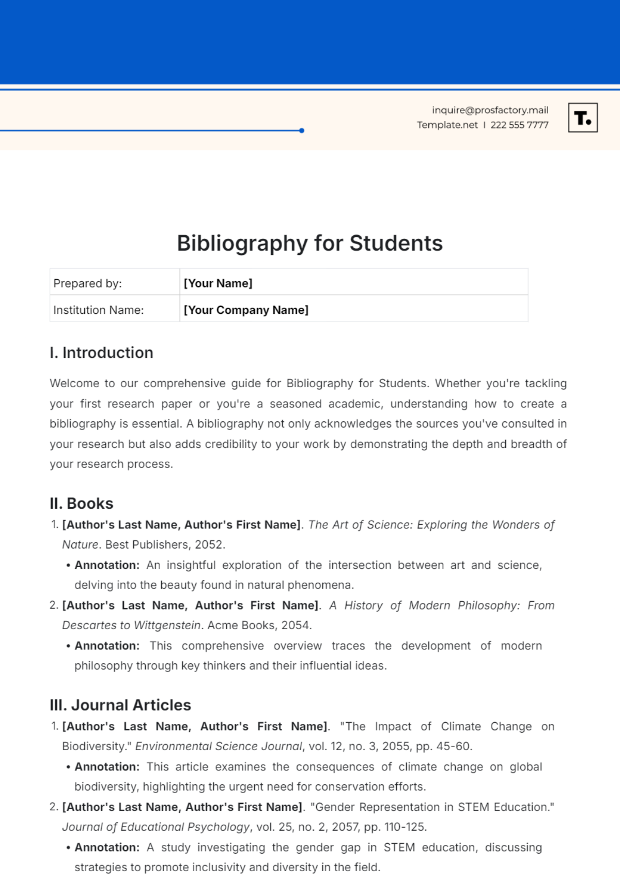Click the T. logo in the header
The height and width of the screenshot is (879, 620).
583,118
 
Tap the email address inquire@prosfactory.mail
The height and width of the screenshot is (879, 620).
490,110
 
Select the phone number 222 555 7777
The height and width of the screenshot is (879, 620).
519,125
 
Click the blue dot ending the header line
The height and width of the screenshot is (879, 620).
302,131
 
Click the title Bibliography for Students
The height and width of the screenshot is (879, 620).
309,243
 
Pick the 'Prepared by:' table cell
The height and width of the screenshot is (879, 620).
115,283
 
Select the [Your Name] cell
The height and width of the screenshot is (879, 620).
353,283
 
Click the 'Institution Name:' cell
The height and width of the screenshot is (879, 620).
115,310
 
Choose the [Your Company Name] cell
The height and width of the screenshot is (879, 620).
353,310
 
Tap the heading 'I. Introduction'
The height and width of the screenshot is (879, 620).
101,353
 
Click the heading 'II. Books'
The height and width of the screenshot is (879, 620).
81,503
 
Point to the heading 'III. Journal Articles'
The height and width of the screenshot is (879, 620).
120,705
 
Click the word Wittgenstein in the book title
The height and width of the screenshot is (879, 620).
166,625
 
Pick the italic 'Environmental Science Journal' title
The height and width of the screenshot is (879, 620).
219,746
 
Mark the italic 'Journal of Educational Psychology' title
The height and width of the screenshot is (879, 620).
156,827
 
